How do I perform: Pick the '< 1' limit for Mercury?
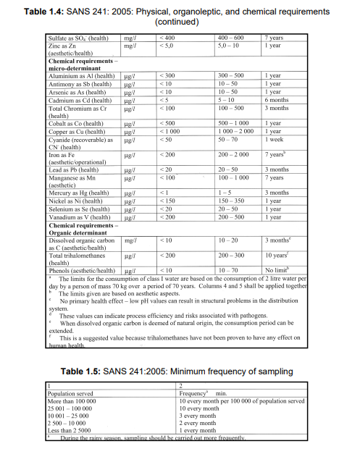point(164,193)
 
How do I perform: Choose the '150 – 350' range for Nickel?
point(231,200)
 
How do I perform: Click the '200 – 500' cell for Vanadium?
point(231,216)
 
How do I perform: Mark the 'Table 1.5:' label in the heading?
point(91,371)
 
